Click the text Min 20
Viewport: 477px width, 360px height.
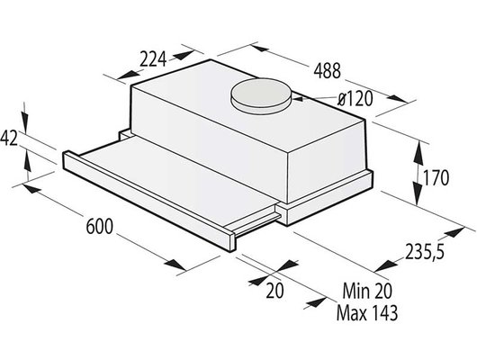368,294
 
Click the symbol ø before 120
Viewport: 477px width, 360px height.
331,100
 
